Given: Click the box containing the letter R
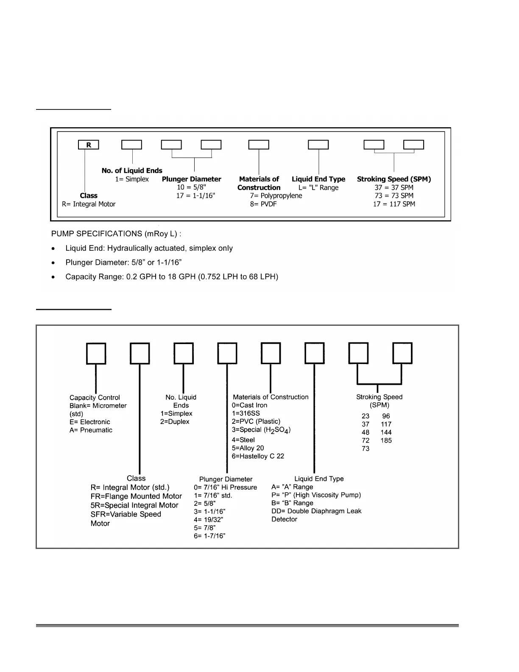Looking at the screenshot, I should pos(88,145).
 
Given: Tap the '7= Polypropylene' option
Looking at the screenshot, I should pos(276,196).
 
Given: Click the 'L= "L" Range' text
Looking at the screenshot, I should pos(318,188).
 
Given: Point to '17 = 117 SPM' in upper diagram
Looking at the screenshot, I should pos(394,204).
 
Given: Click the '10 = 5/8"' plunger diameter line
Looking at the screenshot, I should pos(192,188).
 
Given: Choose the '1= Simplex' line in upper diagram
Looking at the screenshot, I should pos(132,179).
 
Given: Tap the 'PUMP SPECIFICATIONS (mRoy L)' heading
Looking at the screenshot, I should pos(116,234).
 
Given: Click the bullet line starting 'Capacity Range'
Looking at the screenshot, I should pos(172,277).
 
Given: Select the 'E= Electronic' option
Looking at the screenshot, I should pos(90,422).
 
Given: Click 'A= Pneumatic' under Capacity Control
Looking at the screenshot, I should pos(91,430).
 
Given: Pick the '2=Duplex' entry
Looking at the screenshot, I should pos(175,422).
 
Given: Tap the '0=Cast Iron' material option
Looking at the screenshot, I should pos(250,405).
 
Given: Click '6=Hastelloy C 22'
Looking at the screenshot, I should pos(258,456).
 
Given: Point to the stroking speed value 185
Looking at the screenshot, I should pos(386,440).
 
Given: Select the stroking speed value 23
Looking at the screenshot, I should pos(366,416).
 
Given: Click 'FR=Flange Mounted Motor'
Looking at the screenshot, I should pos(136,496).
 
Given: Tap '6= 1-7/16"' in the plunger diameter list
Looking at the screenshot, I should pos(209,536).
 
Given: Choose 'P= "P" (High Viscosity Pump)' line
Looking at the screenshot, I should pos(316,495).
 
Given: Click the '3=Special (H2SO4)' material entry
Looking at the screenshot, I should pos(261,430).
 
